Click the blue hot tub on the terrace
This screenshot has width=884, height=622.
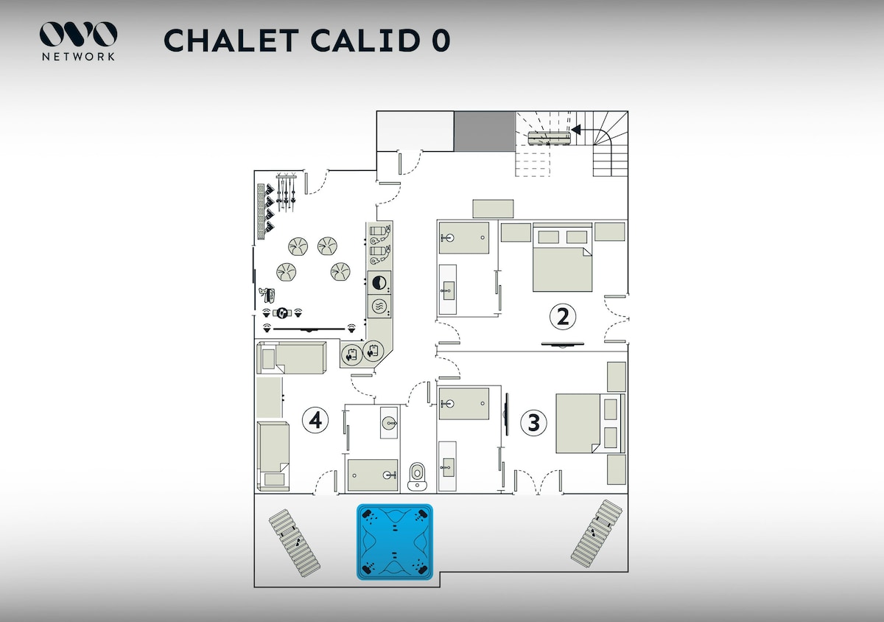(394, 542)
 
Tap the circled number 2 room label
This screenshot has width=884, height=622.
(563, 317)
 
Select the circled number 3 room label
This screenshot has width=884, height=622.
(534, 422)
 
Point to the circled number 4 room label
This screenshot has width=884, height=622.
(315, 420)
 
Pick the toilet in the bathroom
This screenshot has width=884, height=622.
(418, 475)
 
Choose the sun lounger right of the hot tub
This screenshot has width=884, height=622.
(597, 532)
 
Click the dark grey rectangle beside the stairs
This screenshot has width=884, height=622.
(483, 131)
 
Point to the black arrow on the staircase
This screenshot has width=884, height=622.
(576, 130)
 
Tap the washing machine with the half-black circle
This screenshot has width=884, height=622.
(379, 283)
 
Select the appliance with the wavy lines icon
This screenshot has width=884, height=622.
(379, 307)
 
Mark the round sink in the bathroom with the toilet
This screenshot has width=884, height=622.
(389, 422)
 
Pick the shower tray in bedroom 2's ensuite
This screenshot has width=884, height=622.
(464, 237)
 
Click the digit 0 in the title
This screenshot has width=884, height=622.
(441, 41)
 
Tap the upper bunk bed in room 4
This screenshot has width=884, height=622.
(291, 358)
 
